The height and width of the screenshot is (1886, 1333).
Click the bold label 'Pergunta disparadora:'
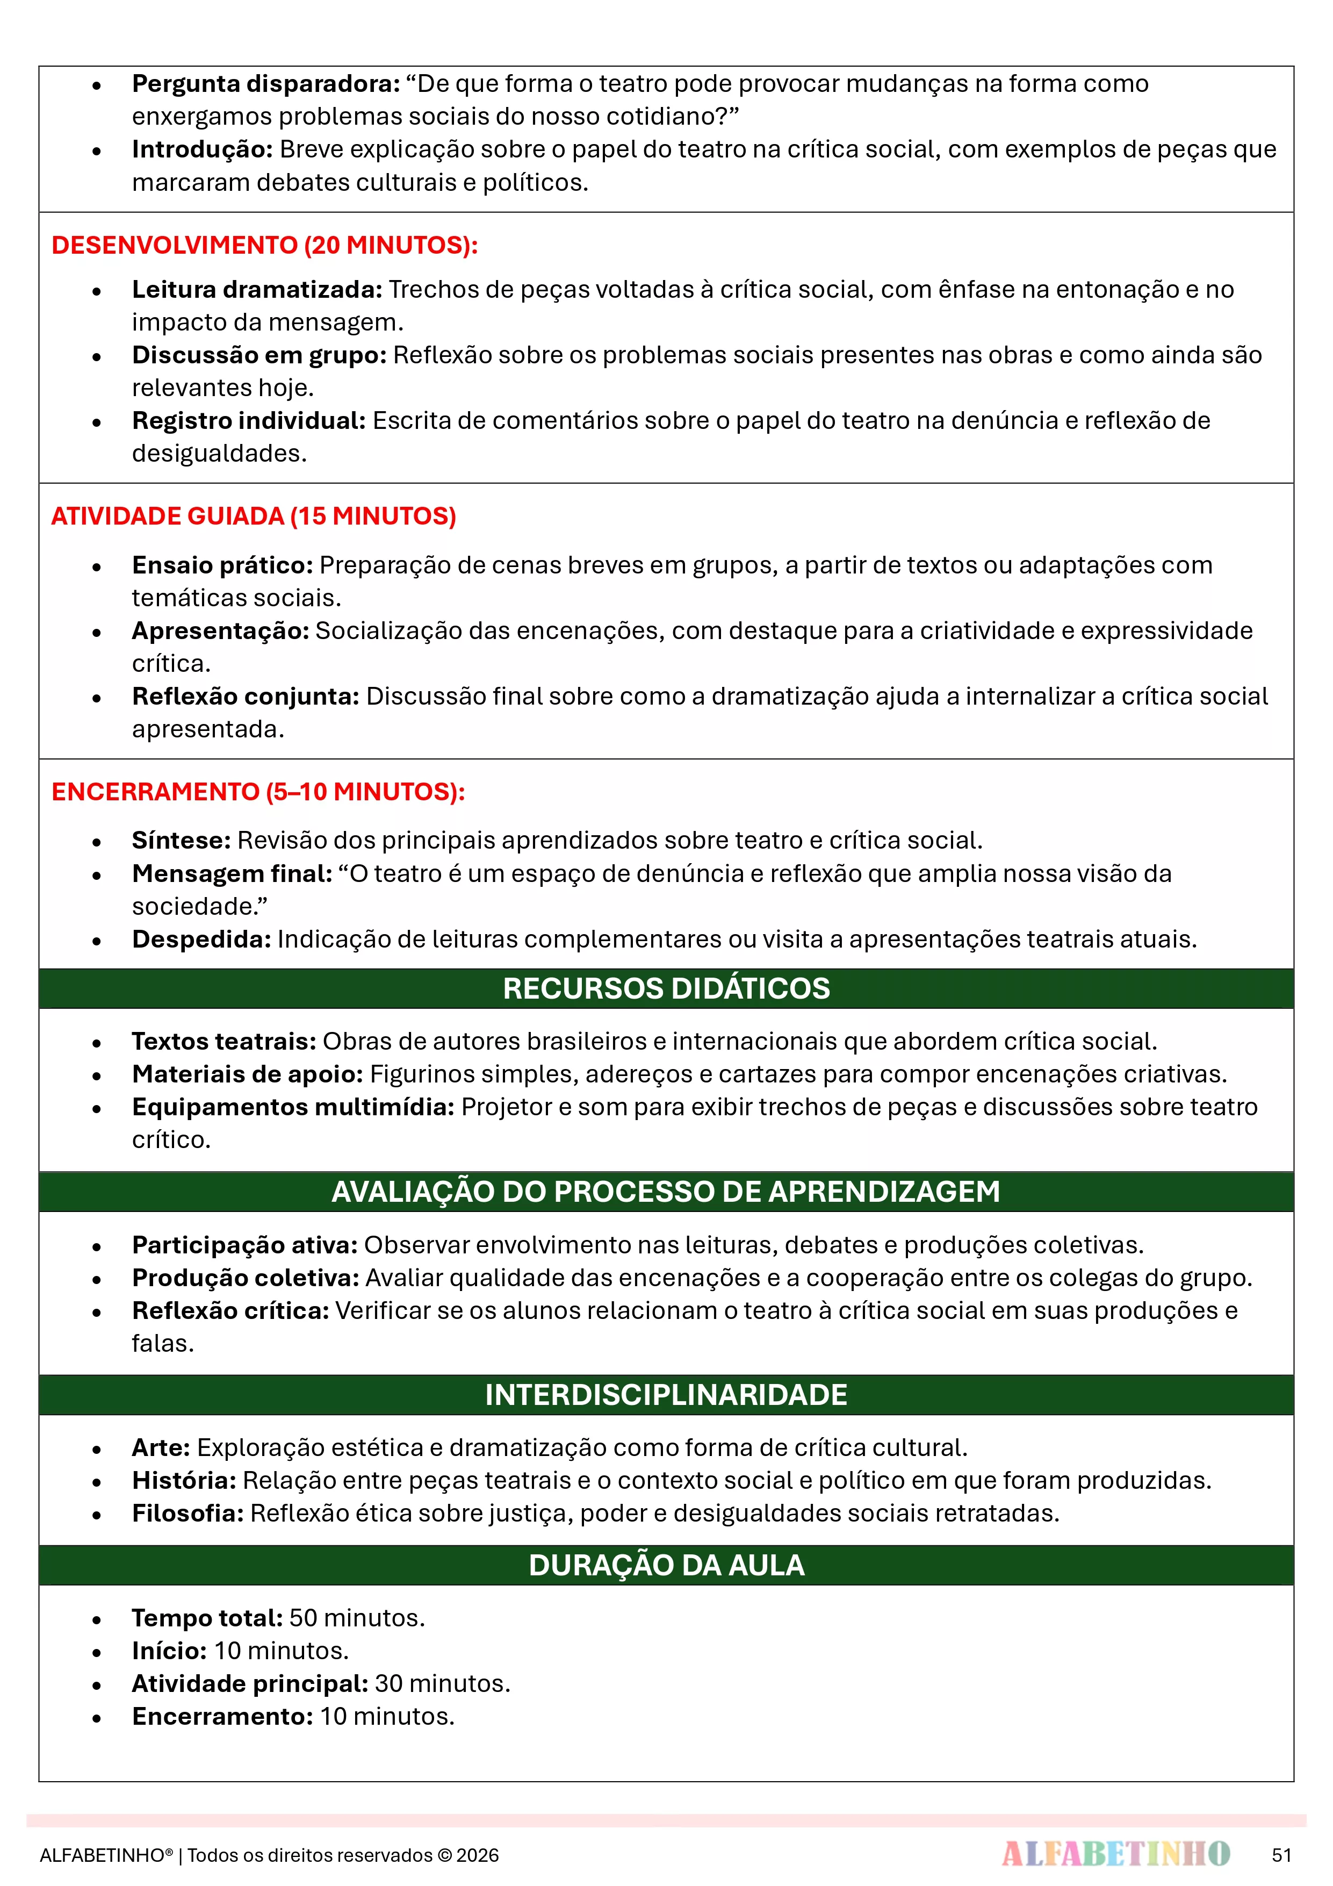point(265,84)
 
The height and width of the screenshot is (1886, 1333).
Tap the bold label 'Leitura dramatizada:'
point(257,289)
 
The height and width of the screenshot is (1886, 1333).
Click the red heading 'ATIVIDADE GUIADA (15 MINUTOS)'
point(253,516)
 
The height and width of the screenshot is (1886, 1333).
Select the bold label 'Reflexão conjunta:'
point(246,697)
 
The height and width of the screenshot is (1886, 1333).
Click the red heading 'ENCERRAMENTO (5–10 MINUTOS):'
point(258,792)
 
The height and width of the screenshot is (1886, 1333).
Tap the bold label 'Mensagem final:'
point(232,873)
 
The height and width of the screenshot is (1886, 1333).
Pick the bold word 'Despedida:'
point(201,939)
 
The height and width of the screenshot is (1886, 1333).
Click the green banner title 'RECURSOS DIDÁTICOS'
point(666,988)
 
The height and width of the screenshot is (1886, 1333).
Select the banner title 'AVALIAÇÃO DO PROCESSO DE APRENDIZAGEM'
point(666,1192)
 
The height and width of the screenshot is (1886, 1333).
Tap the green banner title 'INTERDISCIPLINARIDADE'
point(666,1395)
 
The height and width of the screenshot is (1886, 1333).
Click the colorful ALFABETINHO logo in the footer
point(1115,1854)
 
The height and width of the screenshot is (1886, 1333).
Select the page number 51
point(1281,1855)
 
